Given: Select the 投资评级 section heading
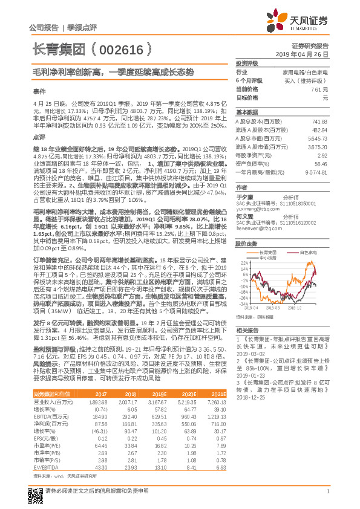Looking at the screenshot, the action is [x=247, y=63].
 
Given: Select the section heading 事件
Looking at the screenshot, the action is [x=39, y=92].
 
